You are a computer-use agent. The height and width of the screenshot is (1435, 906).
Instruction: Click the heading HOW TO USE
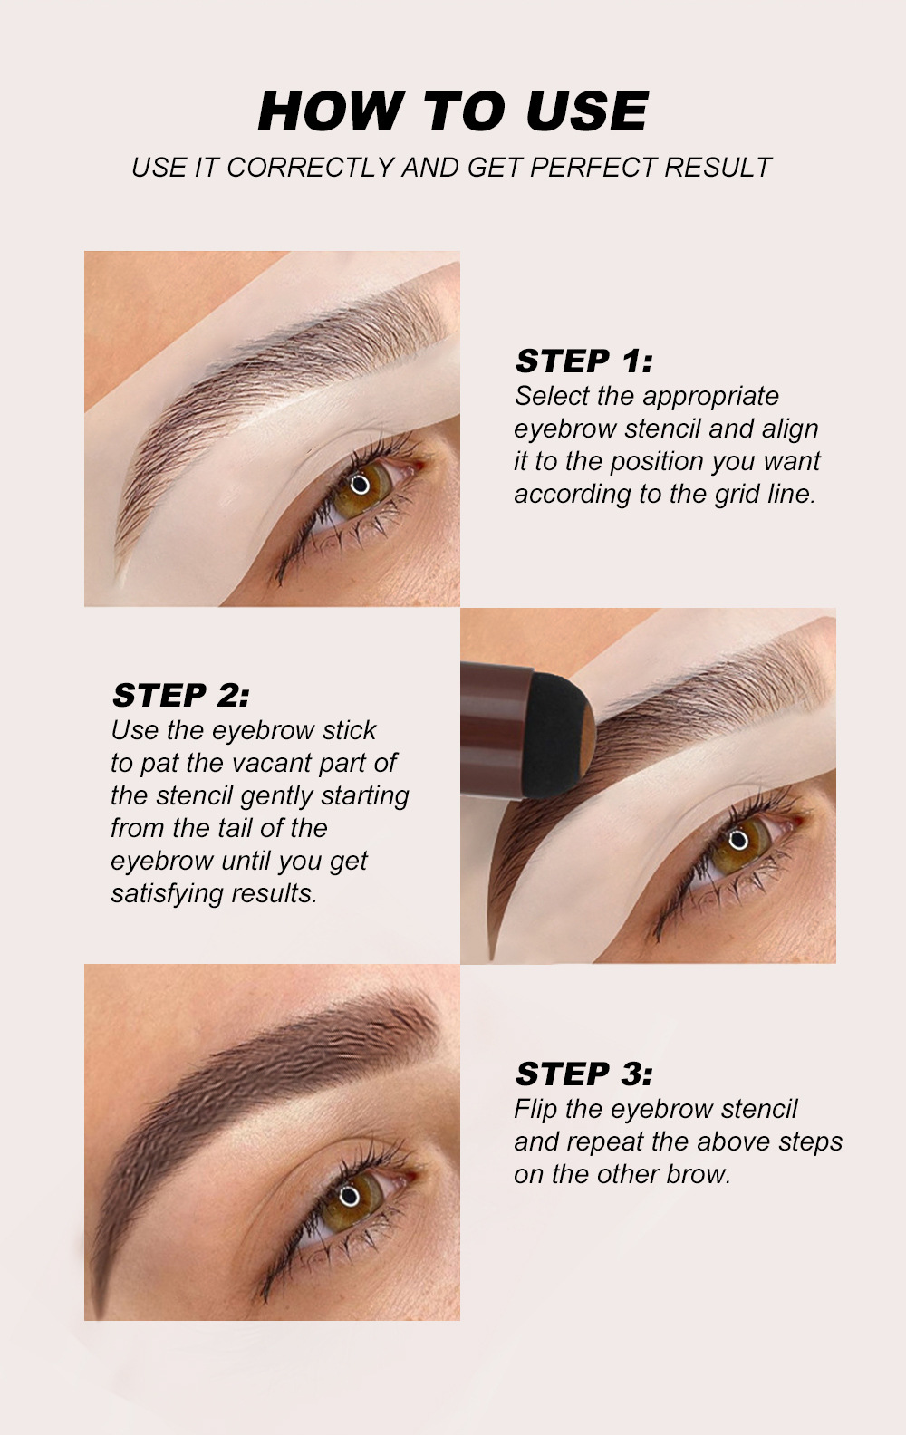(452, 111)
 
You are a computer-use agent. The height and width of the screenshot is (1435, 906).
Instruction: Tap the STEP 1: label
(583, 361)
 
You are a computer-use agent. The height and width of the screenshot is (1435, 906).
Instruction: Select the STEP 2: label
(180, 695)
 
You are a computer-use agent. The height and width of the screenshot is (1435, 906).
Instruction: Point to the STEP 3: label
(583, 1074)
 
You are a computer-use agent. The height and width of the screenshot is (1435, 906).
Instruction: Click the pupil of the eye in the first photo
(361, 483)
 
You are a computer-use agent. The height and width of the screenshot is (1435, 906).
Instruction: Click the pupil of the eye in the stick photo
(738, 839)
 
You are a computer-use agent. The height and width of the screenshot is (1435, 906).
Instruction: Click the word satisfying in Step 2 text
(168, 893)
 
